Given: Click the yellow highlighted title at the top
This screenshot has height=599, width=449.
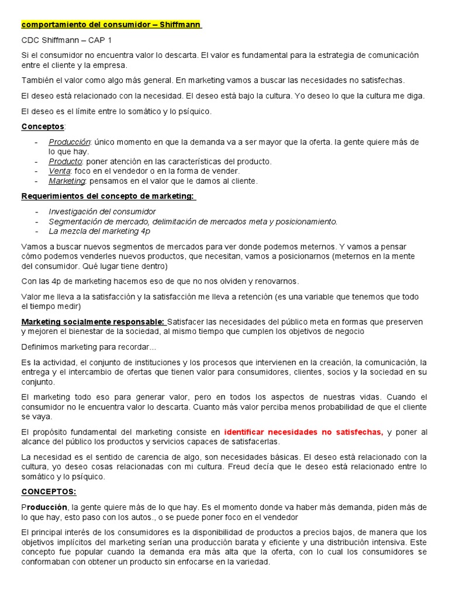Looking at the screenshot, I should (111, 25).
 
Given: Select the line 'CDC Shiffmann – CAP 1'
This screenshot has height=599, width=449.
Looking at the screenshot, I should (65, 40).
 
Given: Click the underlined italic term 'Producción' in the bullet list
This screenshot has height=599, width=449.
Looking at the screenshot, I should (69, 142).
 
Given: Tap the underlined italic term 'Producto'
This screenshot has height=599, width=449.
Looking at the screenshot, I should (65, 161).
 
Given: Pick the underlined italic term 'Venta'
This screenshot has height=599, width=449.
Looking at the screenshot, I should (60, 171).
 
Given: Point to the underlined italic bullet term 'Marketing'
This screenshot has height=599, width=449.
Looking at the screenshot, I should (67, 181).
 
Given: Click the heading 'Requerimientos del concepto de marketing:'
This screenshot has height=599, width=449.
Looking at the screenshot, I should (108, 196).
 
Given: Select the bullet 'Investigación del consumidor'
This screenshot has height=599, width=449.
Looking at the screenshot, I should (102, 211).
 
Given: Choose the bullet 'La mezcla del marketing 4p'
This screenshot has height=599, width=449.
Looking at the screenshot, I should (99, 231).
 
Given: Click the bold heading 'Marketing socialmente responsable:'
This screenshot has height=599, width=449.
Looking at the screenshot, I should (93, 322).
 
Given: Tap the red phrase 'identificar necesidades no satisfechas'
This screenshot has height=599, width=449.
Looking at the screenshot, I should (303, 432).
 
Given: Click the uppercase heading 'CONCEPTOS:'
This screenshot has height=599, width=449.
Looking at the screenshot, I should (49, 492).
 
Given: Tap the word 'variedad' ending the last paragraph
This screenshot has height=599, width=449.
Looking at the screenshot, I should (252, 562).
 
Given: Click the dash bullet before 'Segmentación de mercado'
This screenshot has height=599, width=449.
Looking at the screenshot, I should (37, 221).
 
